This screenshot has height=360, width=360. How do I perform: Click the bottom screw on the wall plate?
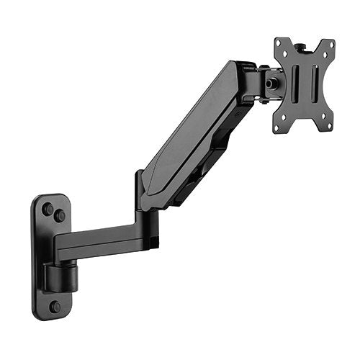pos(55,307)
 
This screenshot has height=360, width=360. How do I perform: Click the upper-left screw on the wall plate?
pos(48,209)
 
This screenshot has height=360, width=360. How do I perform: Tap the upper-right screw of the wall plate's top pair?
pos(60,215)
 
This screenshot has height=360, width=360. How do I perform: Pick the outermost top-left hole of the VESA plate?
pos(281,44)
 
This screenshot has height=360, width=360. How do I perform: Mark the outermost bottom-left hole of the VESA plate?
pos(278,127)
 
